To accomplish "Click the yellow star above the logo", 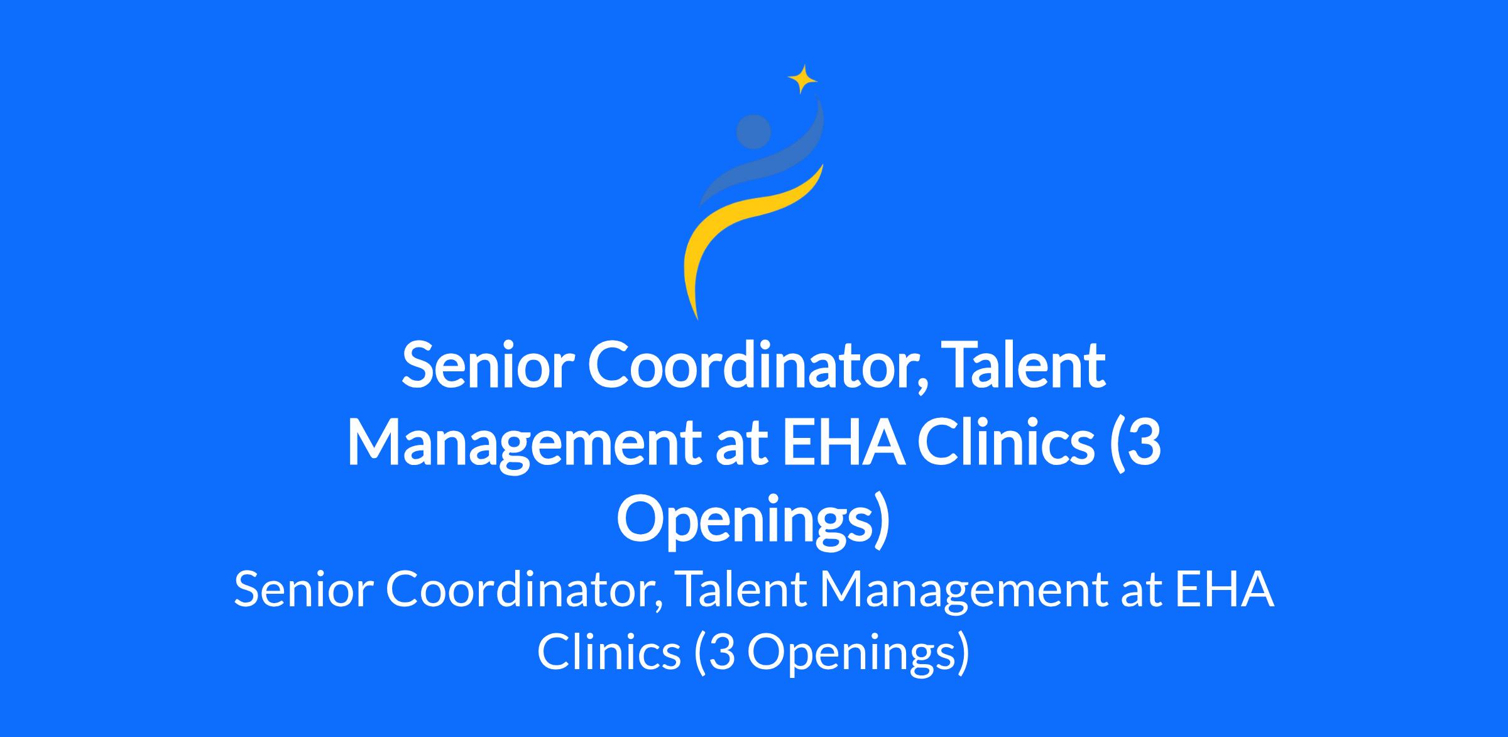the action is coord(802,79).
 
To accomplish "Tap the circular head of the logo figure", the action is coord(753,132).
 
